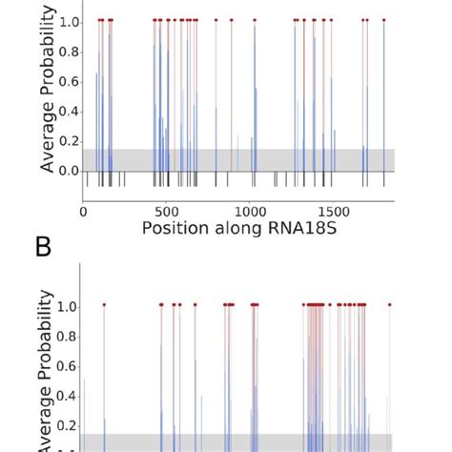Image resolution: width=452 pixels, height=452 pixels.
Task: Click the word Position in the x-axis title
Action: pos(177,229)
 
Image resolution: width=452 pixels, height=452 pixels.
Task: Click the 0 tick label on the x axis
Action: pos(84,211)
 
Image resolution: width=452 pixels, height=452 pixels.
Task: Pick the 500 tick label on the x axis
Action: pos(167,211)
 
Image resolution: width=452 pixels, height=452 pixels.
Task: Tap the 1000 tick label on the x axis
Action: pos(251,211)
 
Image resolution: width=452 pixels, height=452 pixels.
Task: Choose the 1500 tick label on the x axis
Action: pos(334,211)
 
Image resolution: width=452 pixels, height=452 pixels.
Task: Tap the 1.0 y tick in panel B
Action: pos(70,306)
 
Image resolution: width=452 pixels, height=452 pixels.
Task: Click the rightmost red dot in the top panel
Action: pos(384,20)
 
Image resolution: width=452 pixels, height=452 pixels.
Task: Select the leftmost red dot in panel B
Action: pos(104,305)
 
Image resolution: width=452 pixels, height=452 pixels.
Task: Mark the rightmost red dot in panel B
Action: pos(390,305)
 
